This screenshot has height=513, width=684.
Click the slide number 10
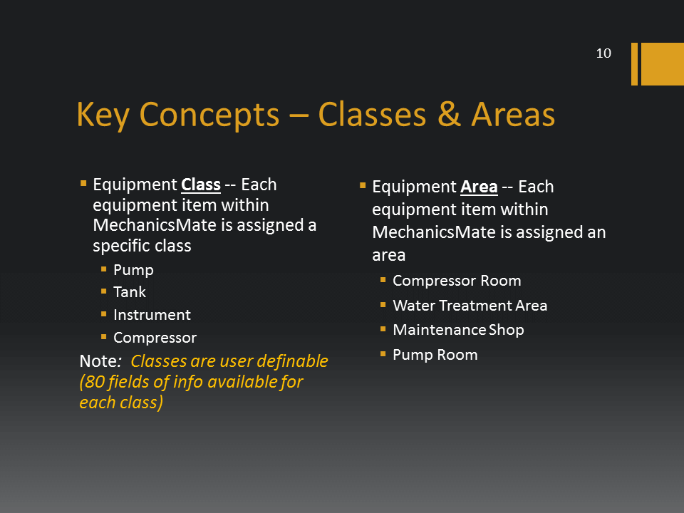(x=603, y=53)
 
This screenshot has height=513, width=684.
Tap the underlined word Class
(x=201, y=185)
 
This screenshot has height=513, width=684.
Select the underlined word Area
(x=479, y=187)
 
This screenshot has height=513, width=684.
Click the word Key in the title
(x=103, y=115)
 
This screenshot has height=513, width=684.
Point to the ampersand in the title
(x=449, y=114)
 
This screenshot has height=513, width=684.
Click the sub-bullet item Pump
(x=133, y=270)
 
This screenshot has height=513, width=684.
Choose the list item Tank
(x=130, y=292)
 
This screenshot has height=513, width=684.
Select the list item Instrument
(x=152, y=315)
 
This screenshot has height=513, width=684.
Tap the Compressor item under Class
(x=155, y=338)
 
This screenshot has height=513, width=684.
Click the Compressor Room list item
(x=457, y=281)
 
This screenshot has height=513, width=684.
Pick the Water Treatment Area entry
(x=470, y=306)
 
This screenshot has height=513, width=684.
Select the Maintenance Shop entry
(x=458, y=330)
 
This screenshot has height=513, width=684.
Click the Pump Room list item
(x=435, y=355)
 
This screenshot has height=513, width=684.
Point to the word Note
(x=98, y=361)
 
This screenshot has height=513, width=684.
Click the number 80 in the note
(x=94, y=382)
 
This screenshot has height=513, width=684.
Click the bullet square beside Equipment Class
(x=83, y=184)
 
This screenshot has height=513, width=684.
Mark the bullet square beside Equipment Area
(x=363, y=186)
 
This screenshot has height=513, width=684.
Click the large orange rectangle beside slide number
(x=662, y=63)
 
